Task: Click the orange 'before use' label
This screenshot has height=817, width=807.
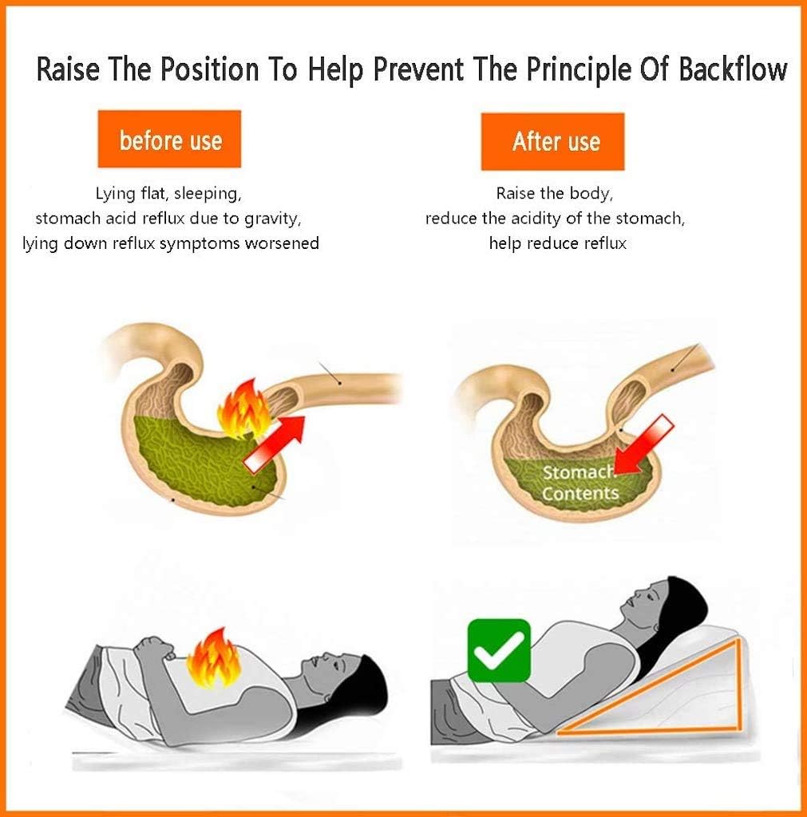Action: [169, 139]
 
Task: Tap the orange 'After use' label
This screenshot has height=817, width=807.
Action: [552, 142]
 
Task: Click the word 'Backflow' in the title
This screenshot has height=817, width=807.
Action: [733, 69]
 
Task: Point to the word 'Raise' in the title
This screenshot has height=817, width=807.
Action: [68, 69]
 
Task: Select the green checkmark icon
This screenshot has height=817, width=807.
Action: [499, 650]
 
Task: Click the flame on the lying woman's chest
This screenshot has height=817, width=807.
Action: [214, 658]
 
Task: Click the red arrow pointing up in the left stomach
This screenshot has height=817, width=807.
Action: [275, 444]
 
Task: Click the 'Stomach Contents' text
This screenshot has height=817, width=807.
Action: [580, 483]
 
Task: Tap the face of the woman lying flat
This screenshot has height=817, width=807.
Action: [324, 671]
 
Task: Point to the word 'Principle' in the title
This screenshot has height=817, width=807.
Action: [579, 70]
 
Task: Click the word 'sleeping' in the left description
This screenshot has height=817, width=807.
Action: [208, 194]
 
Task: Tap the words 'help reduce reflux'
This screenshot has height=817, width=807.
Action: [557, 243]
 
